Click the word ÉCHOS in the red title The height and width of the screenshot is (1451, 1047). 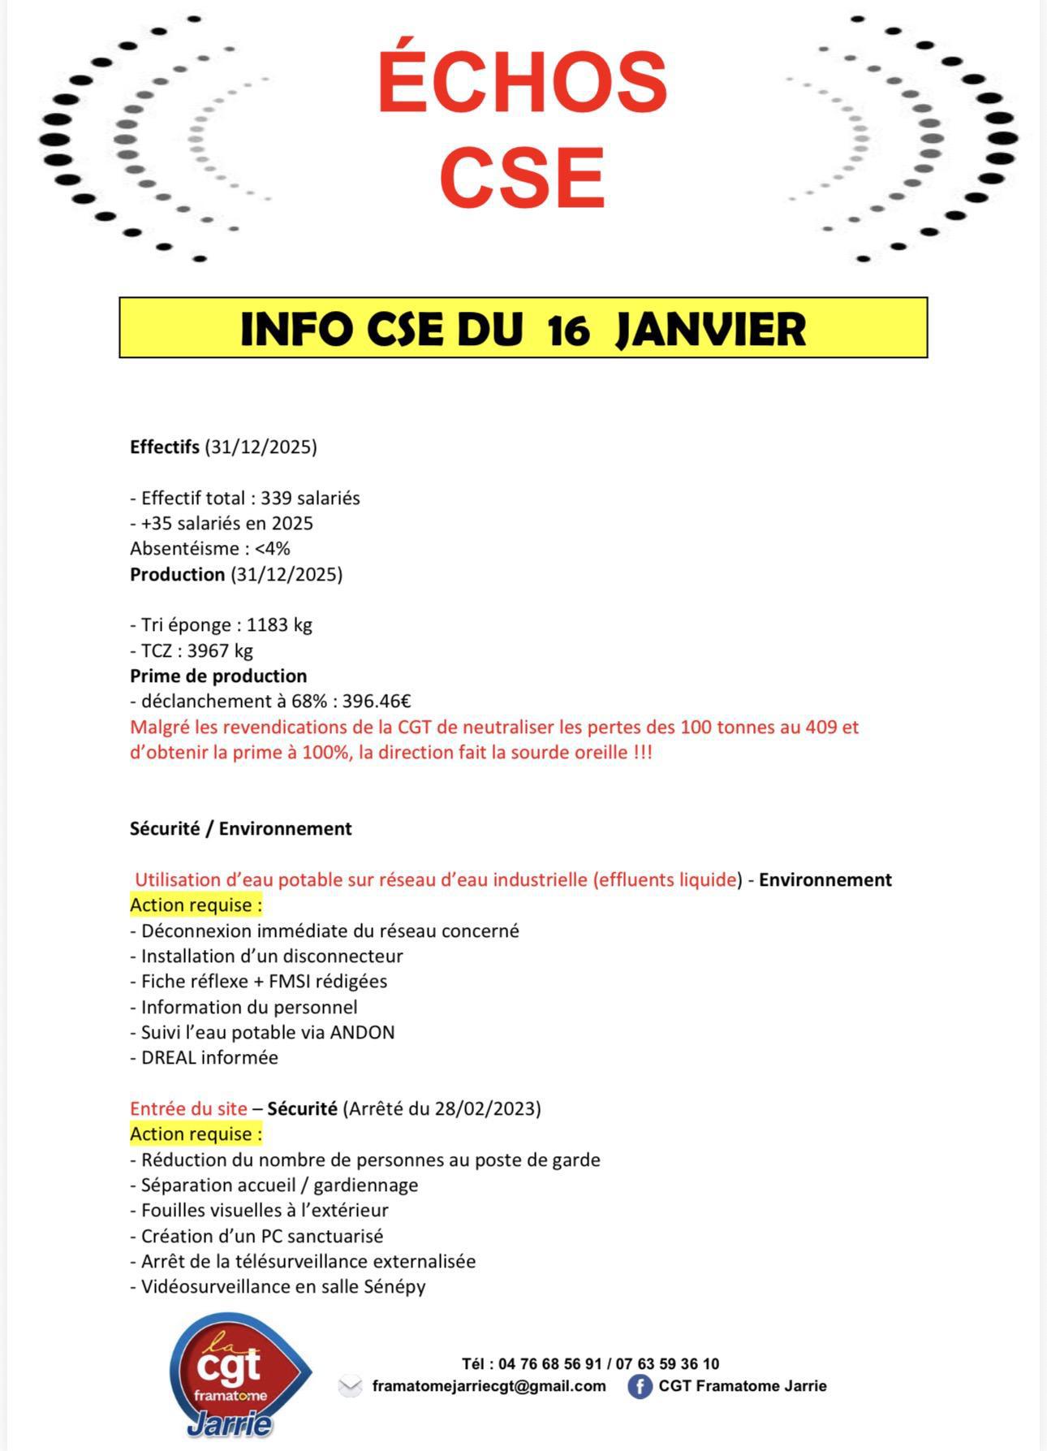[x=522, y=83]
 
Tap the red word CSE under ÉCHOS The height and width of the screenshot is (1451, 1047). [x=522, y=176]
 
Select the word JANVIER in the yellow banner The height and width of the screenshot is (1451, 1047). [x=710, y=330]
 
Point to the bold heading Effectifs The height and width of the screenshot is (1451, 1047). [x=165, y=447]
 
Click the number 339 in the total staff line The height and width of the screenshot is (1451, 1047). [x=276, y=498]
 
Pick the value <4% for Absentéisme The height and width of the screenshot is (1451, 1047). [x=272, y=548]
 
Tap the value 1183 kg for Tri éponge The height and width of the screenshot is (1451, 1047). [x=279, y=624]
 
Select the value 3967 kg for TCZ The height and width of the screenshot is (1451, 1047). [x=220, y=650]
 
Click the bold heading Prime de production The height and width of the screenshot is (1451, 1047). [x=218, y=676]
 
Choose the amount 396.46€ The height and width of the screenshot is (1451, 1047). [x=377, y=701]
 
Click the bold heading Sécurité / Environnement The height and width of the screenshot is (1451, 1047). [x=241, y=828]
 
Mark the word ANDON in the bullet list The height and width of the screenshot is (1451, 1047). [x=363, y=1032]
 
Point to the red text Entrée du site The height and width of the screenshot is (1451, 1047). [x=188, y=1108]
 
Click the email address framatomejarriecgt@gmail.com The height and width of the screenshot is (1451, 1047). [x=489, y=1386]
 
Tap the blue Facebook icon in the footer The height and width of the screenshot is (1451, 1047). [x=640, y=1386]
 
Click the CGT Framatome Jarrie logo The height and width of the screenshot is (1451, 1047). [x=238, y=1375]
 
